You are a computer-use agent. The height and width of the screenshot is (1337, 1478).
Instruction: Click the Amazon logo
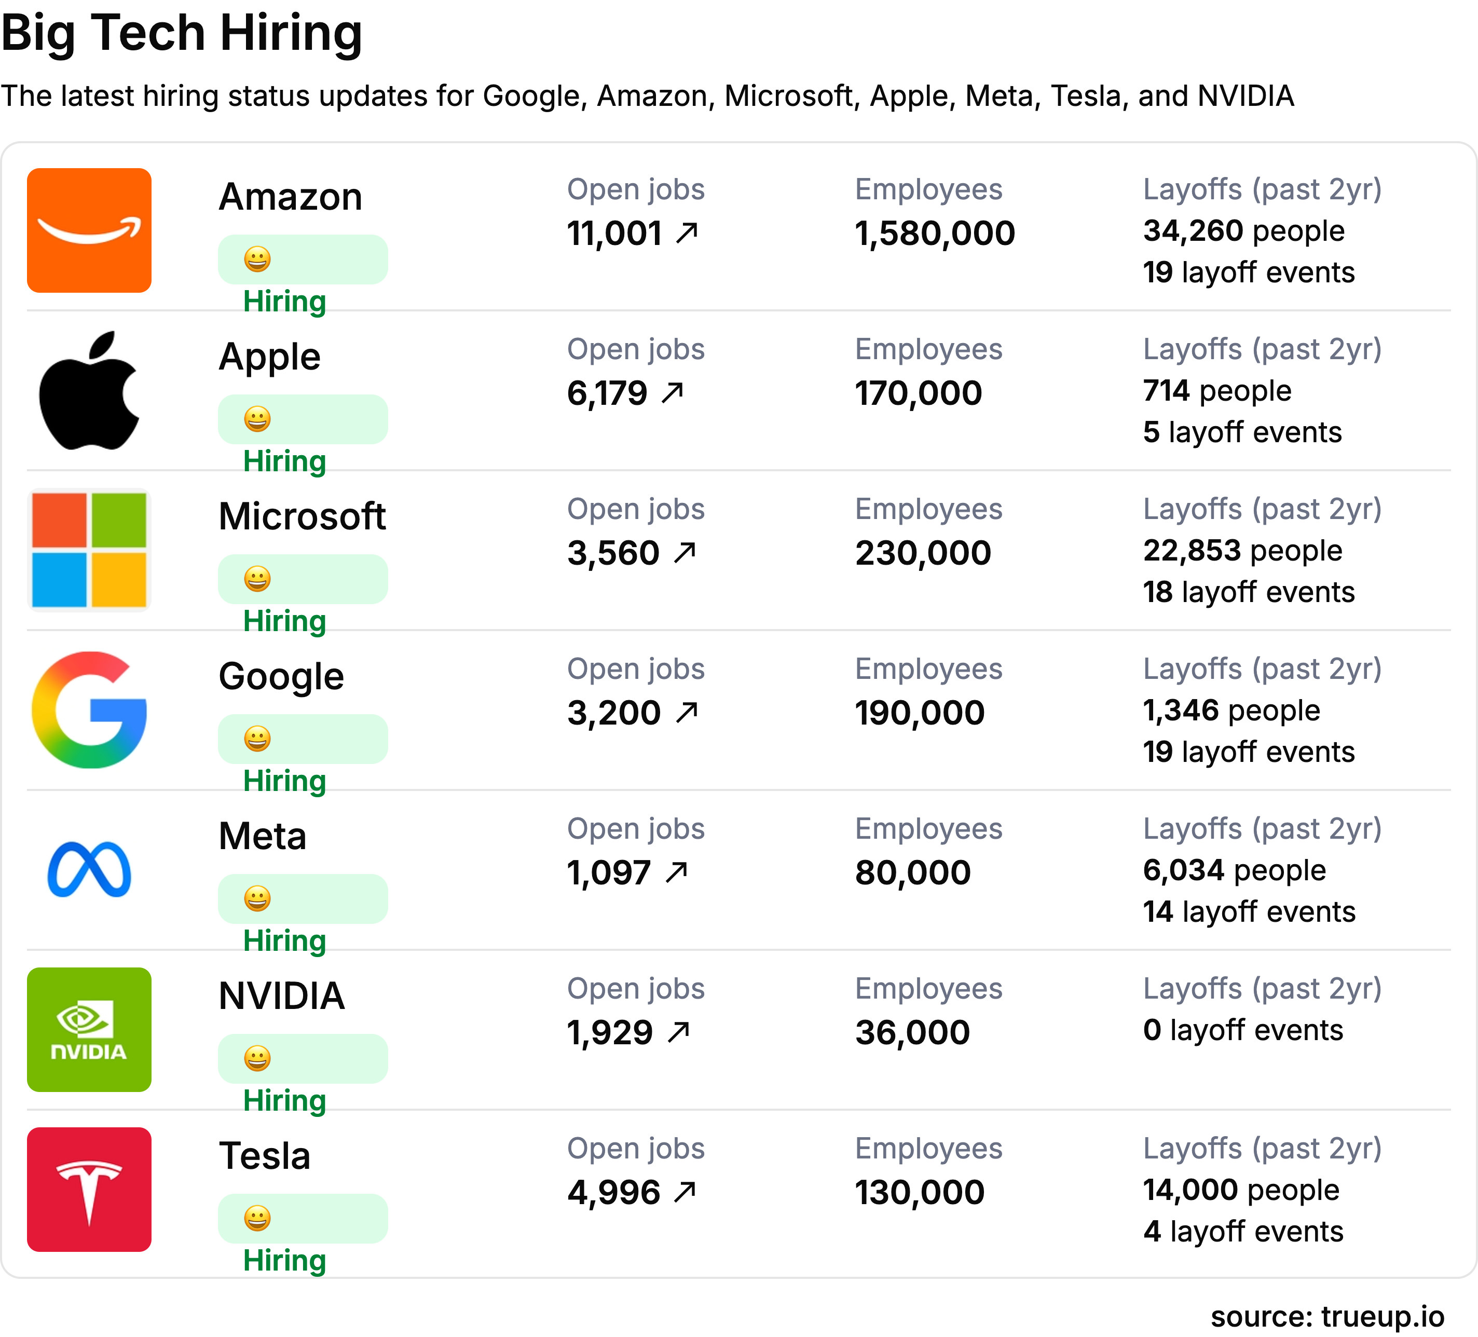[x=89, y=230]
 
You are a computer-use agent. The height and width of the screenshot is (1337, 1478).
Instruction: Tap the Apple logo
[x=89, y=390]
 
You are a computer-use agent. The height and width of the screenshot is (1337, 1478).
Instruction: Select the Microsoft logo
[x=89, y=550]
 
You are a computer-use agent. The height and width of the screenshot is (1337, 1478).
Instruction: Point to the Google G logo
[x=89, y=710]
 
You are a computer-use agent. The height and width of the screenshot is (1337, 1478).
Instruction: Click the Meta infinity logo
[x=89, y=870]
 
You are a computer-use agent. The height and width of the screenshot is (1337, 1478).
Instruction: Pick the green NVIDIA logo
[x=89, y=1030]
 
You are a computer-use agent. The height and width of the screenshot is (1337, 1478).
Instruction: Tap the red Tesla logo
[x=89, y=1190]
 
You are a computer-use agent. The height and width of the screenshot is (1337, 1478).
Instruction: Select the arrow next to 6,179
[x=672, y=393]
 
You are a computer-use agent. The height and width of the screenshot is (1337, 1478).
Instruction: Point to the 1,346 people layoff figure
[x=1231, y=711]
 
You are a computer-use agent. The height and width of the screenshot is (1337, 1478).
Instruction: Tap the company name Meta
[x=263, y=836]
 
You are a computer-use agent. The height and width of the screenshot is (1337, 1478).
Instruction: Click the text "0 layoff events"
[x=1243, y=1030]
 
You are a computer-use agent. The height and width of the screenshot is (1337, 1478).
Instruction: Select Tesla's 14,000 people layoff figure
[x=1240, y=1190]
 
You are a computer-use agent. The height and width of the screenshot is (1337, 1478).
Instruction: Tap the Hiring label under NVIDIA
[x=284, y=1101]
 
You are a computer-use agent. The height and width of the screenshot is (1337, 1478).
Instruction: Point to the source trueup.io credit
[x=1327, y=1316]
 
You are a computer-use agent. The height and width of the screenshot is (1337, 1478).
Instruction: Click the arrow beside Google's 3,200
[x=687, y=712]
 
